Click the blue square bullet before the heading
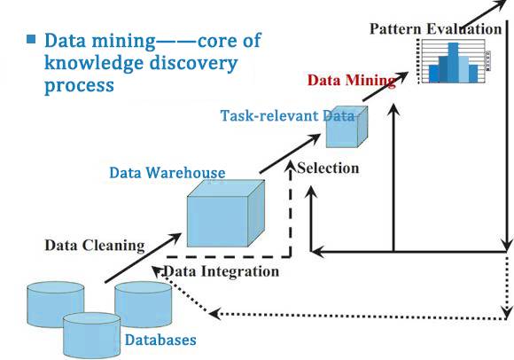31,39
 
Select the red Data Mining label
352,80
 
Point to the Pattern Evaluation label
436,29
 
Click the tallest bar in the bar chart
454,63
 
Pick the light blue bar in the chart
463,69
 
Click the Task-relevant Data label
287,115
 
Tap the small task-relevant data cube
347,127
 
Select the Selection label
328,168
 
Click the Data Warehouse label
167,173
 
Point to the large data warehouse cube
225,214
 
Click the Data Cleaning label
95,246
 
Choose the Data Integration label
222,271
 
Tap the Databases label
160,340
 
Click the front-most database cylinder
91,335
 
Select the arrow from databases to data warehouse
143,258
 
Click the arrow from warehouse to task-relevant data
290,153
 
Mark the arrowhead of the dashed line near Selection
290,165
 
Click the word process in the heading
79,86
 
